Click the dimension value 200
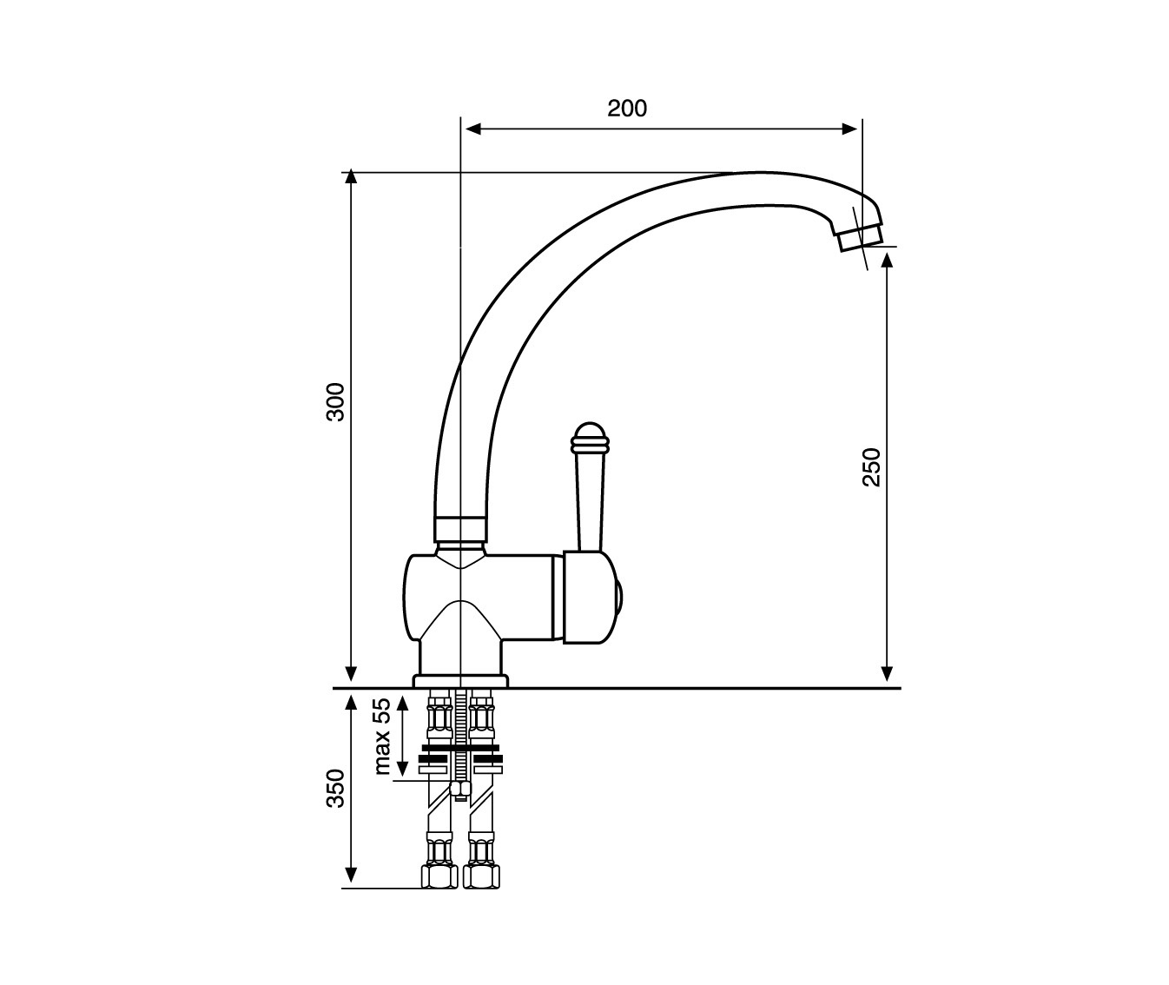tap(627, 109)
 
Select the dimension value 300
tap(336, 401)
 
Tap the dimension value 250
tap(872, 467)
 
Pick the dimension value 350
tap(336, 788)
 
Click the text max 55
tap(382, 736)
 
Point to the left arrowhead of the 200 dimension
tap(473, 129)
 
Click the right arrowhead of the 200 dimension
tap(849, 129)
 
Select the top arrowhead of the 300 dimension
tap(351, 176)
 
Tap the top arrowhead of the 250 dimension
tap(886, 261)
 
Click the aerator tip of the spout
tap(861, 238)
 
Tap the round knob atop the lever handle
tap(589, 438)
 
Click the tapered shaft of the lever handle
tap(590, 502)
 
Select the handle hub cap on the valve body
tap(591, 597)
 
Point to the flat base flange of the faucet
tap(460, 681)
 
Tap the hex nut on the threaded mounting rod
tap(460, 789)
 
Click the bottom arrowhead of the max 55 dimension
tap(402, 769)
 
